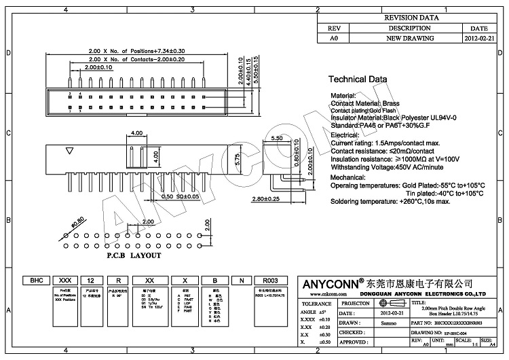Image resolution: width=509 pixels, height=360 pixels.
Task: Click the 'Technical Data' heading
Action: coord(358,79)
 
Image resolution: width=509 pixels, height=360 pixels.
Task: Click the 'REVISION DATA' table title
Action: coord(412,18)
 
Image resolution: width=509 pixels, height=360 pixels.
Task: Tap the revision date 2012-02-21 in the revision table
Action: coord(479,39)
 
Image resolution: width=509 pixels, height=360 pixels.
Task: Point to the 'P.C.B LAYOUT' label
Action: coord(134,255)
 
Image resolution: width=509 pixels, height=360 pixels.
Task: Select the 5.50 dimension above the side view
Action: coord(277,138)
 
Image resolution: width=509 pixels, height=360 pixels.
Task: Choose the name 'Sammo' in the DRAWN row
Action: coord(390,324)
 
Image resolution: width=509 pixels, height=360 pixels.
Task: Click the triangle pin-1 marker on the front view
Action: coord(69,151)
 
